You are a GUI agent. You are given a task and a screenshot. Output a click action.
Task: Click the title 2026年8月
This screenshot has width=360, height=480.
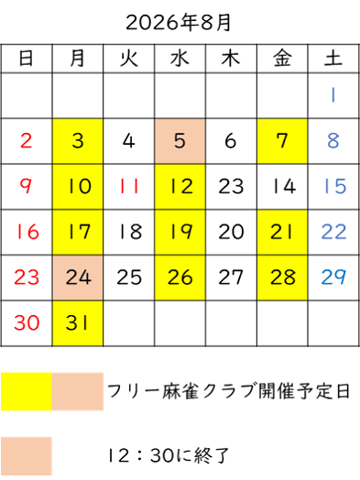click(x=178, y=23)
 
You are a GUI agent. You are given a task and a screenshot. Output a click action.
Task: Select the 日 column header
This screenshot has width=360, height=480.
click(x=26, y=58)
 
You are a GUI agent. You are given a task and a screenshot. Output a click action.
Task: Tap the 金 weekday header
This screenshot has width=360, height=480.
click(x=282, y=58)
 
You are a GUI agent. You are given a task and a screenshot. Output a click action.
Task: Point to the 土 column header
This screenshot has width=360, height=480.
click(x=333, y=58)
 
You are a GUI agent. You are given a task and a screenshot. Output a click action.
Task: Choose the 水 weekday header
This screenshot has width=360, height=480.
click(x=180, y=58)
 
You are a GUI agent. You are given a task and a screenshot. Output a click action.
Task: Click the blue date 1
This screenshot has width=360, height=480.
click(x=333, y=95)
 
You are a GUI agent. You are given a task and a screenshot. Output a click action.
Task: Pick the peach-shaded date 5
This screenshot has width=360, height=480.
click(x=180, y=141)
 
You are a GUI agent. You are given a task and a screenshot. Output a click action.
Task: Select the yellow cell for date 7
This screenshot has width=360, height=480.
click(x=282, y=141)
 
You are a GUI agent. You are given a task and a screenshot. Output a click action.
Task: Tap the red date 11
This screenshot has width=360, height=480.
click(x=129, y=186)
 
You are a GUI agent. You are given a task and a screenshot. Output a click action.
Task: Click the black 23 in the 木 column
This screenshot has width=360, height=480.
click(x=231, y=186)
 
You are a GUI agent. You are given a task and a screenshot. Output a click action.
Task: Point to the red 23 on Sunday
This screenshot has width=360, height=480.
click(x=27, y=278)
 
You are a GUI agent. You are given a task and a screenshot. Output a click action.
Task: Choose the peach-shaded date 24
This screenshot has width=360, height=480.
click(x=78, y=278)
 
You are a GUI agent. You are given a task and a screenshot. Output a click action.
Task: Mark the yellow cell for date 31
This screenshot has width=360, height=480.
click(x=78, y=323)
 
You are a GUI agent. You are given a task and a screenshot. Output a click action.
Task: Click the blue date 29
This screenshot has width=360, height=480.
click(x=333, y=278)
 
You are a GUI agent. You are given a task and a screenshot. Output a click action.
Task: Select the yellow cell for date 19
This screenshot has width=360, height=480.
click(x=180, y=232)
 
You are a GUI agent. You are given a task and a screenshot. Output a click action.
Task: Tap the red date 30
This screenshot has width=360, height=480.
click(x=27, y=323)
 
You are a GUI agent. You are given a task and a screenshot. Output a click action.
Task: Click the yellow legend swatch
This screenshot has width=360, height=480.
click(x=27, y=391)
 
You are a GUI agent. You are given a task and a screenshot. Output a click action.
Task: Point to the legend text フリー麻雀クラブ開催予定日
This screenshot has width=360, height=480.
click(x=228, y=391)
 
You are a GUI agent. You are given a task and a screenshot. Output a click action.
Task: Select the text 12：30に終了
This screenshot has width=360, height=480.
click(x=168, y=456)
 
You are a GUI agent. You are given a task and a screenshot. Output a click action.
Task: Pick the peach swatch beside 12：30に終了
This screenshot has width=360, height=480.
click(x=27, y=456)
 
